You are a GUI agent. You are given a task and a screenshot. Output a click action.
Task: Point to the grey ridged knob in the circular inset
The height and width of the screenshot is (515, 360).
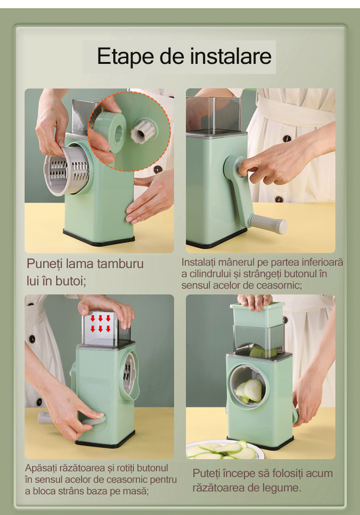click(143, 131)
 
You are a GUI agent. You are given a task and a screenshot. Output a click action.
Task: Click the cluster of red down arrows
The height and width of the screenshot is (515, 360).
click(100, 323)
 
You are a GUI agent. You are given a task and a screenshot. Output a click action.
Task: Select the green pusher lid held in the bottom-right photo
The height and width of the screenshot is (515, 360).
click(257, 314)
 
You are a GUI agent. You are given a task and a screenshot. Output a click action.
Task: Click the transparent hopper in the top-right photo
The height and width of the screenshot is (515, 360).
click(213, 115)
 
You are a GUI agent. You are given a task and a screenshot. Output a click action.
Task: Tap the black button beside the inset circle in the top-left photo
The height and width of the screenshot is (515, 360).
click(158, 169)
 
